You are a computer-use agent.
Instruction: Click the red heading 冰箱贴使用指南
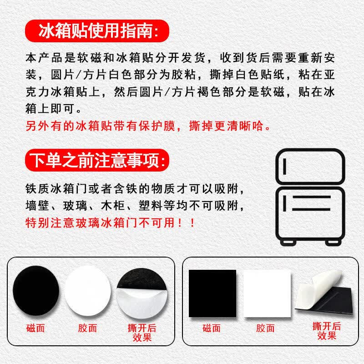click(97, 31)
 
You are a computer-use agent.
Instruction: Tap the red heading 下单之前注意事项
click(97, 160)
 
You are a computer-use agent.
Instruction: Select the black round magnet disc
click(36, 291)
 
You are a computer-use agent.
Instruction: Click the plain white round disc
click(87, 291)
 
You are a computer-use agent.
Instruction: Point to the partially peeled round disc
click(142, 293)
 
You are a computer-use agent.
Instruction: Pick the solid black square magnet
click(212, 293)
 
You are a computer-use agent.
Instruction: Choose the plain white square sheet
click(267, 293)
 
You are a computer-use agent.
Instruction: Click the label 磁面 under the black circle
click(35, 328)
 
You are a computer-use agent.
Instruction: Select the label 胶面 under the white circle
click(87, 328)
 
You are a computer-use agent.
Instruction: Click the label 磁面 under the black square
click(211, 328)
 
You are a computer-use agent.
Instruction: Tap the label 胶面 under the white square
click(265, 328)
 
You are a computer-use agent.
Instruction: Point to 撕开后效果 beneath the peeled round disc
click(142, 333)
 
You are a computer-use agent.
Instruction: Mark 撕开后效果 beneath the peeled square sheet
click(327, 331)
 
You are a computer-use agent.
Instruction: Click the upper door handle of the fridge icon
click(284, 167)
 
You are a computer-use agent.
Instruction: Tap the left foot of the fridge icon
click(288, 243)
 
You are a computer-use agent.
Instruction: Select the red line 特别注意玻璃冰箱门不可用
click(110, 223)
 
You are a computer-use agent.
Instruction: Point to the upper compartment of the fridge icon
click(310, 167)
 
